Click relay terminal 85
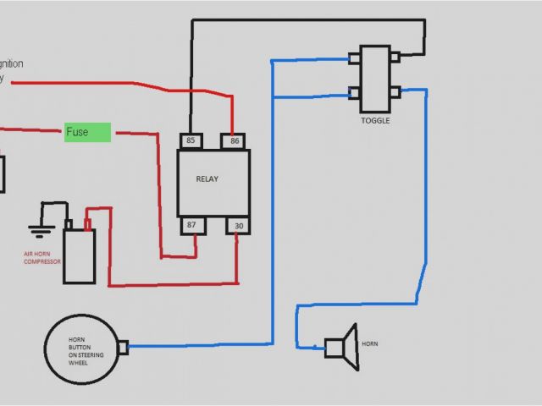(190, 140)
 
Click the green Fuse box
(88, 132)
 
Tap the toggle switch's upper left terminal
(354, 58)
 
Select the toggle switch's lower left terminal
(354, 92)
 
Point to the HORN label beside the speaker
(370, 344)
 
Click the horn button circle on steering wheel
(82, 346)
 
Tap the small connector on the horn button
(123, 346)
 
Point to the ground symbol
(36, 227)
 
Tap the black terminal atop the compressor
(69, 224)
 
